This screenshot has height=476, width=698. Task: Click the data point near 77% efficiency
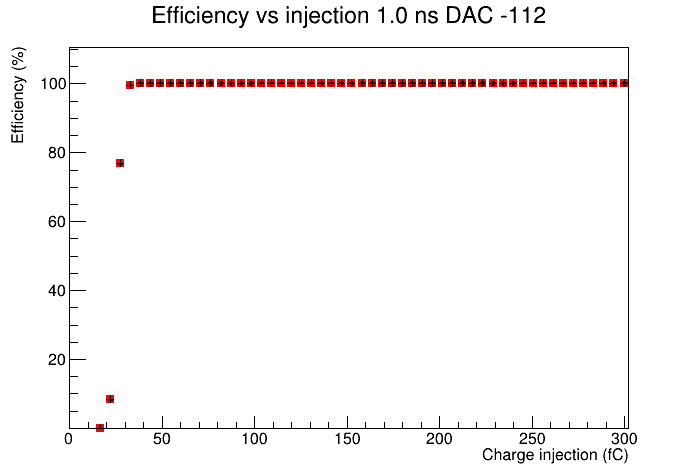tap(120, 163)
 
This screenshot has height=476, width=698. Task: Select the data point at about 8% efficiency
tap(110, 399)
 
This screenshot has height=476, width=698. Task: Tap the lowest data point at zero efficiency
tap(100, 427)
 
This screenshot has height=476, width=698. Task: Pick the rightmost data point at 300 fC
tap(624, 83)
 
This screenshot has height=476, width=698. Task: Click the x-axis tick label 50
tap(162, 439)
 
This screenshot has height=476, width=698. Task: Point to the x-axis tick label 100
tap(254, 439)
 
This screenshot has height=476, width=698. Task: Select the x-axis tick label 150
tap(347, 439)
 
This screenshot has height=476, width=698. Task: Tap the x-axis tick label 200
tap(439, 439)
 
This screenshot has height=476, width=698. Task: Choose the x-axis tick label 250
tap(532, 439)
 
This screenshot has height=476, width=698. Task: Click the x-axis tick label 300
tap(624, 439)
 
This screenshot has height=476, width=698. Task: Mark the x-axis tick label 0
tap(69, 439)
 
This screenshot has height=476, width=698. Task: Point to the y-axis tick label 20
tap(57, 359)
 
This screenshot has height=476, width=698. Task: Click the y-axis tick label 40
tap(57, 290)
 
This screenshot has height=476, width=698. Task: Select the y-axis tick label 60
tap(57, 221)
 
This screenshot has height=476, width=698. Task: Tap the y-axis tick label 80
tap(57, 152)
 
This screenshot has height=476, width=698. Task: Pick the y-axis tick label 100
tap(53, 83)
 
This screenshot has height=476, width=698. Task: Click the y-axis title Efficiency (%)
tap(18, 95)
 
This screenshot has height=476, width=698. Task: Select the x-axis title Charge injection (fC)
tap(555, 455)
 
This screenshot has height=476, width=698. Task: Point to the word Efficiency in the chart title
tap(200, 16)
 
